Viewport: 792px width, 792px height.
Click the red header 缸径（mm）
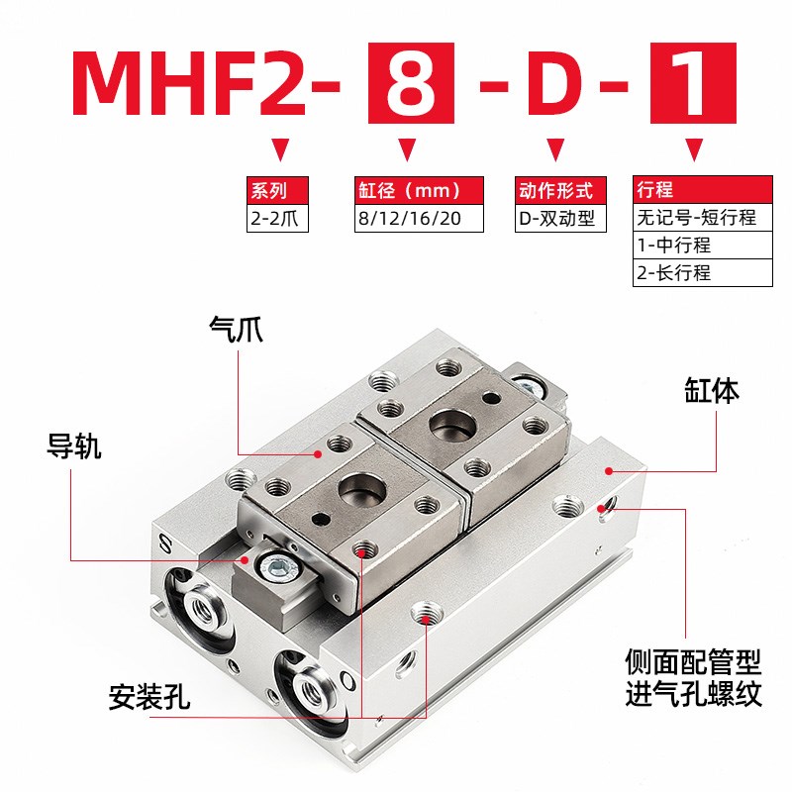pos(418,190)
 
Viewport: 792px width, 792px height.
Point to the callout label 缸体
pos(711,389)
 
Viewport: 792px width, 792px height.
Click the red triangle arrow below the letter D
pos(557,151)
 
